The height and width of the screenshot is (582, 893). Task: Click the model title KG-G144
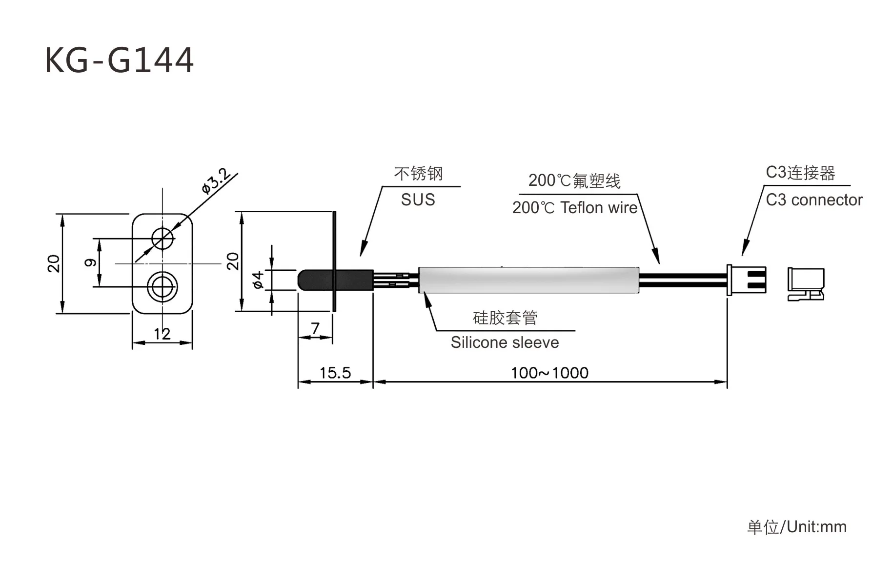120,60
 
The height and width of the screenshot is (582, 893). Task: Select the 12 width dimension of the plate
162,334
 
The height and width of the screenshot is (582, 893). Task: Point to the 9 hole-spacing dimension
90,263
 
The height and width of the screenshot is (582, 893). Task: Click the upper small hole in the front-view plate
162,239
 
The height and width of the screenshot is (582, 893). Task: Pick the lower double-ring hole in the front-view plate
162,286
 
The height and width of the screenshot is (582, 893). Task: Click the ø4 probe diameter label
258,280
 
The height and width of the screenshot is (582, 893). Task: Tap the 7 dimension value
315,328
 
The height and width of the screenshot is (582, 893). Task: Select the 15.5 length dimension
335,373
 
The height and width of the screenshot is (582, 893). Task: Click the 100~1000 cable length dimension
549,373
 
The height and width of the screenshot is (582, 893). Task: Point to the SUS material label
418,200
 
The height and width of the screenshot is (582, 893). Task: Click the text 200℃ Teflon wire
575,208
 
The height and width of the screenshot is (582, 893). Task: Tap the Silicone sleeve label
505,342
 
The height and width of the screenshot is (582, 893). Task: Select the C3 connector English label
814,200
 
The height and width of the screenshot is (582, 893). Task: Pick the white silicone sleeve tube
529,280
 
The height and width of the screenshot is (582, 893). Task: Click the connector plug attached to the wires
746,280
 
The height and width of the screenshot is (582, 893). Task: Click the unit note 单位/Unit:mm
797,527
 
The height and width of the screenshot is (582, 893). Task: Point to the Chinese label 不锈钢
418,173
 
